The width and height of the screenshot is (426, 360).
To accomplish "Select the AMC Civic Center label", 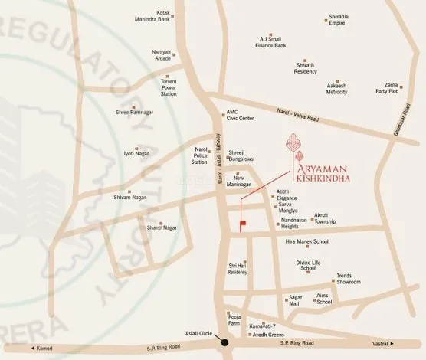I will (240, 115).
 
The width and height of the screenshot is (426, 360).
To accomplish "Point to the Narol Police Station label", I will (200, 156).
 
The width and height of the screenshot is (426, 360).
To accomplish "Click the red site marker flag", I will (243, 224).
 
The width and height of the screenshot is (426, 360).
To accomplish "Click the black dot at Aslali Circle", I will (224, 341).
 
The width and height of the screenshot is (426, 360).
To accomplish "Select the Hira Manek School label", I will (306, 241).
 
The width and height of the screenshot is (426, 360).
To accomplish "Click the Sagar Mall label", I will (294, 300).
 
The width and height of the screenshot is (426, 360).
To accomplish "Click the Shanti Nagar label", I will (162, 227).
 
